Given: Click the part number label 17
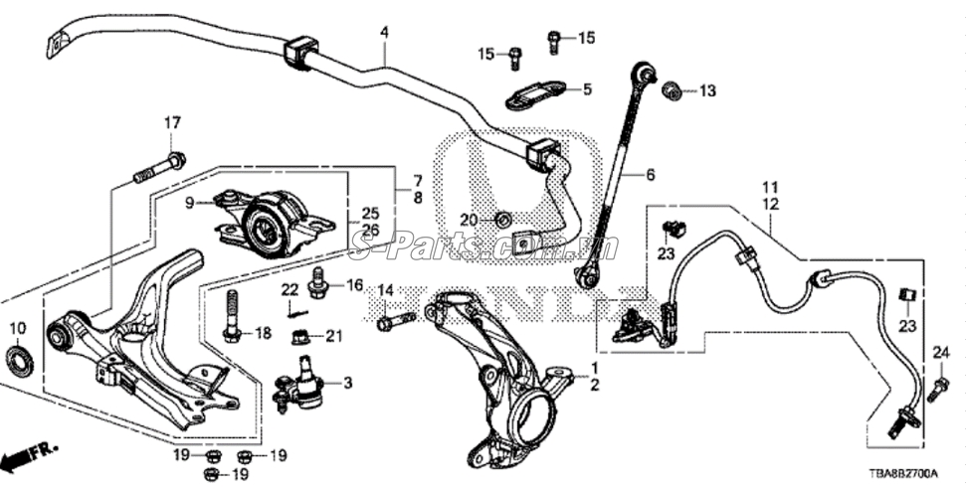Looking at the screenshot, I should (172, 122).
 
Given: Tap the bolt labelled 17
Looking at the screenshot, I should (159, 168).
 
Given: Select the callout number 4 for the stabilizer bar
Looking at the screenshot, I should (384, 32).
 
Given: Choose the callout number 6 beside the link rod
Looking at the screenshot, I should (651, 175).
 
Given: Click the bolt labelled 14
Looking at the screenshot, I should (395, 322).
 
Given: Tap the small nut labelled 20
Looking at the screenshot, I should (504, 219).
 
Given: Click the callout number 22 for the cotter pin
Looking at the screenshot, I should (290, 289).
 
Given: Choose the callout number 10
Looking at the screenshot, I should (17, 328).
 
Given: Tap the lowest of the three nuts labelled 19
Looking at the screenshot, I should (211, 472).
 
